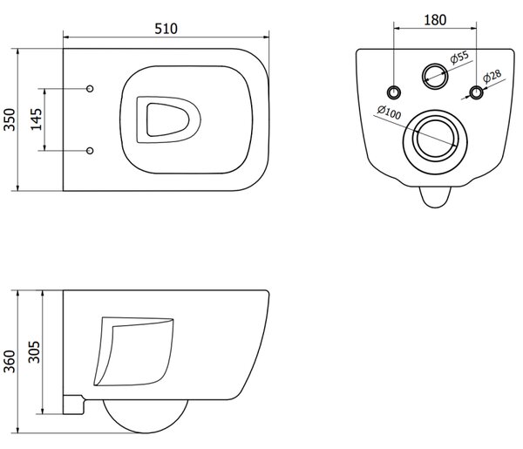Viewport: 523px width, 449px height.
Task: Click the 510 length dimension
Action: [x=166, y=29]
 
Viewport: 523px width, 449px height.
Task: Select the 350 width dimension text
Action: [x=10, y=119]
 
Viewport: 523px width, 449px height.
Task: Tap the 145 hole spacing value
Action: [x=36, y=119]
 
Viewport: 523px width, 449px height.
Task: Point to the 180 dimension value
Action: [x=435, y=20]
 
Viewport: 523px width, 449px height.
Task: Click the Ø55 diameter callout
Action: [x=459, y=57]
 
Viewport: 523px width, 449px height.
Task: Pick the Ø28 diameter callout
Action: [x=492, y=76]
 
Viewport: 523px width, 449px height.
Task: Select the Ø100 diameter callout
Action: [x=389, y=112]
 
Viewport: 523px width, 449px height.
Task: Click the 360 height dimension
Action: [x=10, y=361]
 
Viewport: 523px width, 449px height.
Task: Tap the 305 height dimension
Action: [x=34, y=351]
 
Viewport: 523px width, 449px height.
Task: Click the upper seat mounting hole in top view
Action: [x=90, y=88]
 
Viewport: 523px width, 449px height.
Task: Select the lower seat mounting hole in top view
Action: [x=90, y=151]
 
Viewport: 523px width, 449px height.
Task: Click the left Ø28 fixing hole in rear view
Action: [x=394, y=92]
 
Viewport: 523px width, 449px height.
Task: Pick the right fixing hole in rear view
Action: [x=476, y=92]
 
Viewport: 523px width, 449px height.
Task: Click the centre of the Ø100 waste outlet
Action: [x=435, y=142]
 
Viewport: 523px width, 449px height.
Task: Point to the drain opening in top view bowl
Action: [x=168, y=119]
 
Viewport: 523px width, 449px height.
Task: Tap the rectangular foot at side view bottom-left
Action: [x=73, y=405]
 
